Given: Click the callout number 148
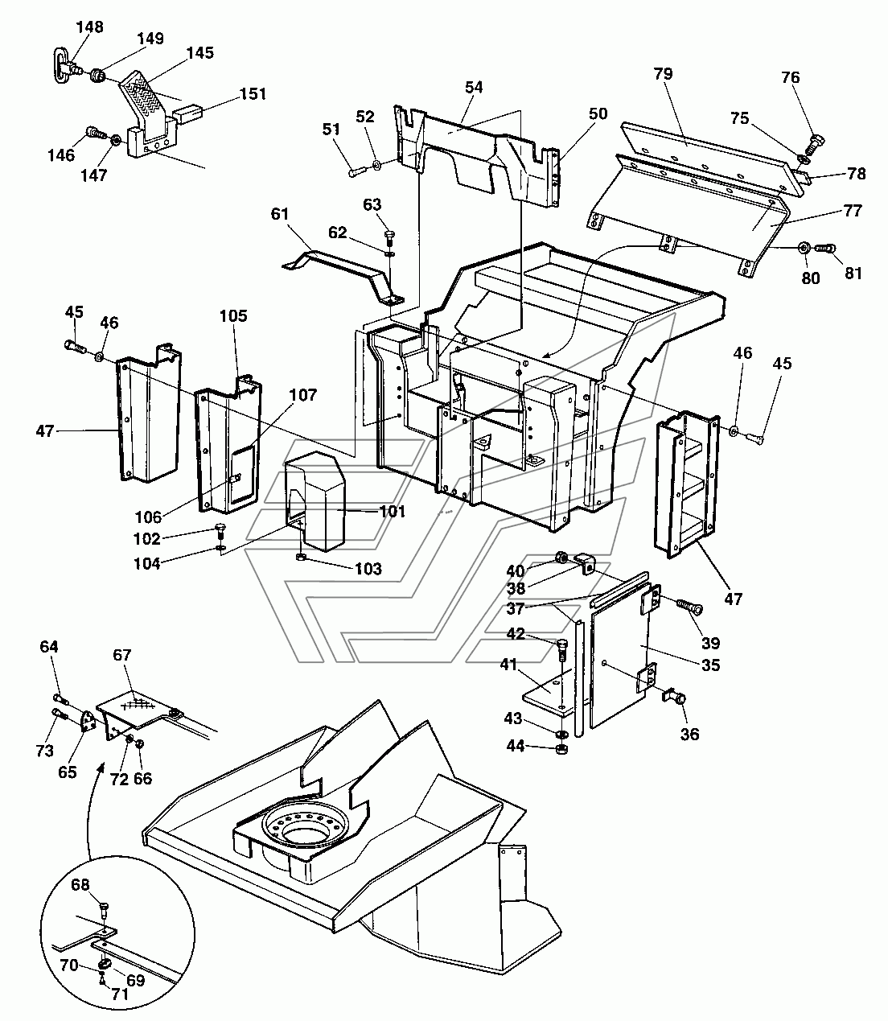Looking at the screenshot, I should point(89,27).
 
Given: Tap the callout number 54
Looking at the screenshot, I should point(474,87).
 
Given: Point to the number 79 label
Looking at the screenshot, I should point(663,74).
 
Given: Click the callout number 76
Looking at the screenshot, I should point(791,77).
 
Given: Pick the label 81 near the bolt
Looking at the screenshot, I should point(853,274).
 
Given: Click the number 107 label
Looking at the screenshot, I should point(303,395).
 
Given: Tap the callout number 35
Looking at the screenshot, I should point(710,665).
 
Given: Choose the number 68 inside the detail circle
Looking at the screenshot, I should point(80,885).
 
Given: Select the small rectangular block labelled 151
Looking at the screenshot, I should point(191,112).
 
